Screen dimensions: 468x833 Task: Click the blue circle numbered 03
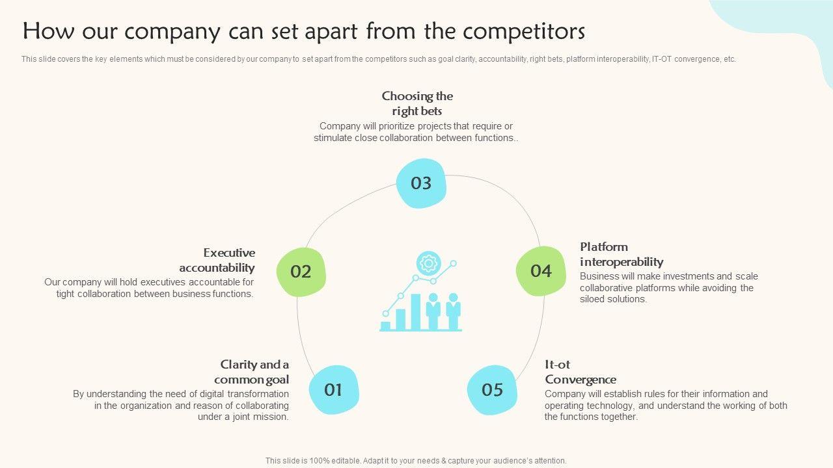(x=421, y=183)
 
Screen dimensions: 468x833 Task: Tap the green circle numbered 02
(x=301, y=272)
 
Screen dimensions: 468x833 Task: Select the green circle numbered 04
(x=541, y=271)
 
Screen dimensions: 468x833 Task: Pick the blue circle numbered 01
(x=333, y=389)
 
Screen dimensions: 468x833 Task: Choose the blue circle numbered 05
(x=493, y=389)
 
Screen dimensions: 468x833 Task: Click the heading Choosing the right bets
(x=417, y=103)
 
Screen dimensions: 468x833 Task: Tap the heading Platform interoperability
(x=621, y=254)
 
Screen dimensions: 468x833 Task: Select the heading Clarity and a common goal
(x=253, y=372)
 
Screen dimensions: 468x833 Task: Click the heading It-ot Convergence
(x=580, y=372)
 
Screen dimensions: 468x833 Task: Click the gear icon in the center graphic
(x=428, y=263)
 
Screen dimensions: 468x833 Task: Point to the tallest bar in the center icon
(x=416, y=311)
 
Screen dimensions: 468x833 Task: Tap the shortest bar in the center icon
(x=385, y=325)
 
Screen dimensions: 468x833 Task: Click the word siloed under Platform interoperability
(x=594, y=300)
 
